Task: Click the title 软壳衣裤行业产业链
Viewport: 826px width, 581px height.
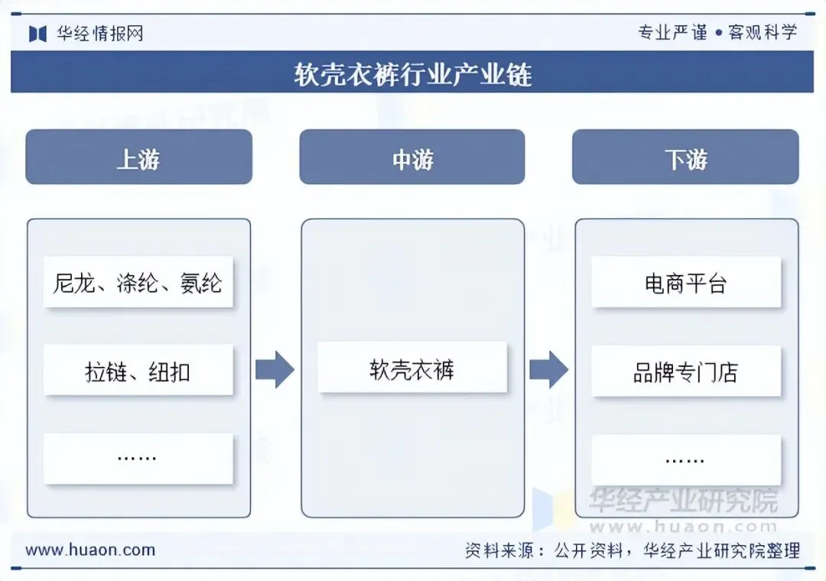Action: pyautogui.click(x=412, y=74)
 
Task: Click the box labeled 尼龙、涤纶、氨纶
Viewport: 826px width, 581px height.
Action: pyautogui.click(x=138, y=283)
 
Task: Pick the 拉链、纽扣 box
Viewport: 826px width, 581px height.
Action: pyautogui.click(x=138, y=372)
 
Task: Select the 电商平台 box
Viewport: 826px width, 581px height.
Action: pyautogui.click(x=686, y=283)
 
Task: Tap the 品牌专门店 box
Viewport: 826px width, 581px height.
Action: pyautogui.click(x=686, y=372)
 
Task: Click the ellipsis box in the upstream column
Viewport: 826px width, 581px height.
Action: pyautogui.click(x=138, y=458)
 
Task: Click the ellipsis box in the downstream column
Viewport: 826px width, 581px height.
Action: pyautogui.click(x=686, y=459)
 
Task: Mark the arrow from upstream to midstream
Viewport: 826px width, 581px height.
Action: pyautogui.click(x=275, y=371)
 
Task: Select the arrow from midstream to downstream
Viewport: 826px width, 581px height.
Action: pyautogui.click(x=548, y=371)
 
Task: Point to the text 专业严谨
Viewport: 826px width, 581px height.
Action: pyautogui.click(x=672, y=32)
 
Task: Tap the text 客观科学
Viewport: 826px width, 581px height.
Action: pyautogui.click(x=763, y=32)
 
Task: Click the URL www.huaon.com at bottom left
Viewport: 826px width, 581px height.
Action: pyautogui.click(x=90, y=550)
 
